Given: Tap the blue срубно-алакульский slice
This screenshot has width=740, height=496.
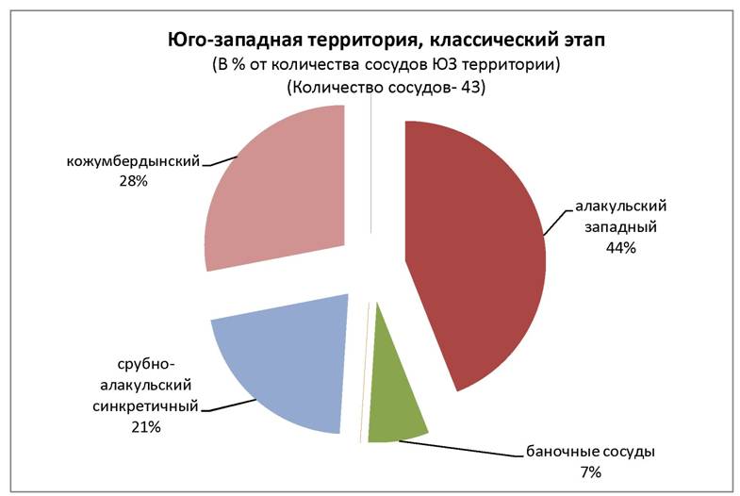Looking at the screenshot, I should tap(278, 368).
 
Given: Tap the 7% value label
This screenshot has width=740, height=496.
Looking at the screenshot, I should tap(591, 471).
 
